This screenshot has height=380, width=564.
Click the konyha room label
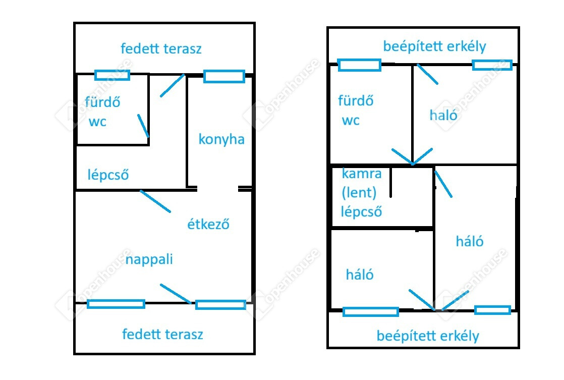[221, 139]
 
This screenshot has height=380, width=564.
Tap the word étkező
[208, 224]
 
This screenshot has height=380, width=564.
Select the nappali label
[149, 259]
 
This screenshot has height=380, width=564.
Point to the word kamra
[362, 174]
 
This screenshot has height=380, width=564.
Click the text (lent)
[359, 192]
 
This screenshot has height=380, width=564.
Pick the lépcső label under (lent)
[361, 211]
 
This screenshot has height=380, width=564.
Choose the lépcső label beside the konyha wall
[108, 175]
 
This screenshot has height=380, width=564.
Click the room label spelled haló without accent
[443, 115]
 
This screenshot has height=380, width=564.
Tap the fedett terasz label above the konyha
[161, 48]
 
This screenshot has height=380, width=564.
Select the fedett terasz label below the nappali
[162, 334]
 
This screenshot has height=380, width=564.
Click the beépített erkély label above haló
[434, 46]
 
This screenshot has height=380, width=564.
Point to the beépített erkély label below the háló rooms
[428, 336]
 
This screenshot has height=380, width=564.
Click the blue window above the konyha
[224, 77]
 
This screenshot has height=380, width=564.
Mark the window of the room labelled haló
[492, 65]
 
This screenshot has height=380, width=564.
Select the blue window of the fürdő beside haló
[359, 65]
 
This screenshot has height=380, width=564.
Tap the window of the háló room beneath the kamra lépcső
[370, 312]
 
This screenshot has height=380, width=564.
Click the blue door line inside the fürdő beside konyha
[143, 126]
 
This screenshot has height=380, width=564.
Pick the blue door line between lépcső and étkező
[155, 201]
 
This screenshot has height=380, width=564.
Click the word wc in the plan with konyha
[97, 122]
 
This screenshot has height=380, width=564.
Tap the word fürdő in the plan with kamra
[356, 100]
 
